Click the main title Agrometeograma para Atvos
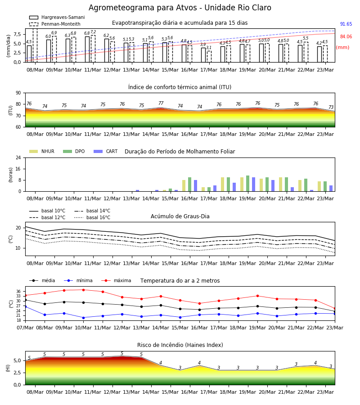(143, 8)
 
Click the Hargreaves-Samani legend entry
(57, 17)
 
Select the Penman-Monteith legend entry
(55, 24)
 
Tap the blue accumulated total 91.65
(346, 24)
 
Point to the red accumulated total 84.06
(346, 37)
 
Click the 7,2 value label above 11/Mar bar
(93, 32)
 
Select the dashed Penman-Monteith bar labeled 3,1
(209, 57)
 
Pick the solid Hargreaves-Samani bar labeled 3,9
(203, 55)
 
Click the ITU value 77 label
(161, 103)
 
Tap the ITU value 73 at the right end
(331, 107)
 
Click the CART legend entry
(106, 151)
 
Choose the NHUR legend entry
(42, 151)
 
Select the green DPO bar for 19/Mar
(247, 184)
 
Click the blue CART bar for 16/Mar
(195, 186)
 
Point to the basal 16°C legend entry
(92, 217)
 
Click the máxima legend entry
(116, 280)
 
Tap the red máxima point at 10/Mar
(83, 290)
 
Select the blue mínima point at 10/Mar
(83, 318)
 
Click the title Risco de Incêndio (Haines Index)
(180, 345)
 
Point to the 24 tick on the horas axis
(18, 157)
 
